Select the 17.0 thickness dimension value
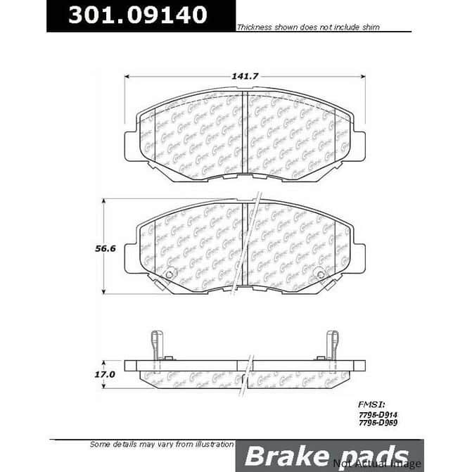pos(106,375)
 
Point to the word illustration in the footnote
pos(209,444)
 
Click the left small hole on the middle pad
pos(170,274)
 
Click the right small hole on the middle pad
pos(321,274)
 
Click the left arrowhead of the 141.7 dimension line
pos(127,77)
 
